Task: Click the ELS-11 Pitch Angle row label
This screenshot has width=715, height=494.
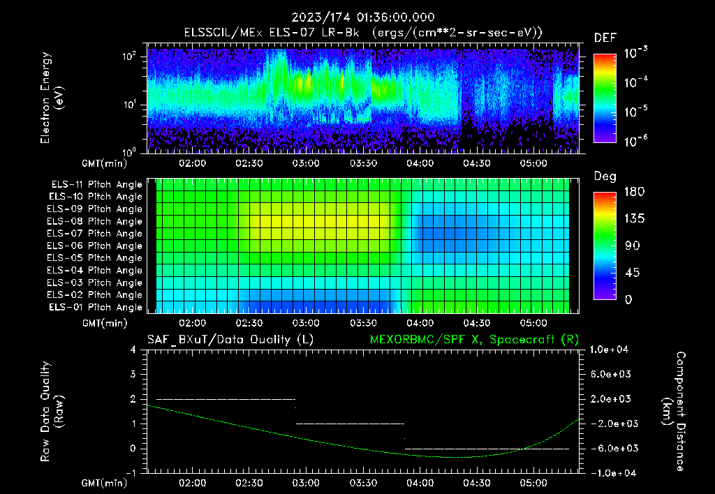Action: coord(96,185)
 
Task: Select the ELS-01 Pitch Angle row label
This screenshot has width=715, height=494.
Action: coord(96,307)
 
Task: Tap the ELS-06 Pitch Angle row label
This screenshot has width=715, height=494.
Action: coord(96,246)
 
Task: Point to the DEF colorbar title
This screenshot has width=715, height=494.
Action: coord(605,38)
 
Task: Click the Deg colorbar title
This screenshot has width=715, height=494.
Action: coord(605,177)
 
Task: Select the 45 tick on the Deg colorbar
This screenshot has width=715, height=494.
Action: coord(630,273)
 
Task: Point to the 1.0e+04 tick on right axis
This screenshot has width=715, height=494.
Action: coord(610,350)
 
